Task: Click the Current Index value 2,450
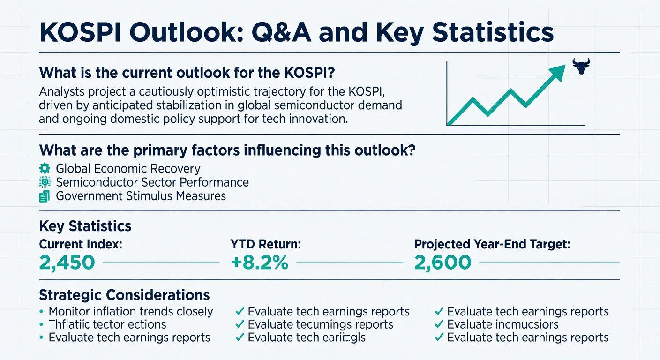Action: pos(67,262)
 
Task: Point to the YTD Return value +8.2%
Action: pos(259,262)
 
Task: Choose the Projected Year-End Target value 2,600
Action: pos(442,262)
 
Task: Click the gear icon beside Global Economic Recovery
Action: pos(45,168)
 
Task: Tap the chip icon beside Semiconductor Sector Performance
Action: pos(45,182)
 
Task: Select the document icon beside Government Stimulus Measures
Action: pos(45,196)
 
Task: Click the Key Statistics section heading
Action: pos(85,226)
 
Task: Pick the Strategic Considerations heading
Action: pos(124,295)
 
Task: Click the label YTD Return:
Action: pos(265,244)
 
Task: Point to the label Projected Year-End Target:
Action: pos(492,244)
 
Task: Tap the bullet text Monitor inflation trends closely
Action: pos(131,311)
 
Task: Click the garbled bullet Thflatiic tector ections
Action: pos(107,324)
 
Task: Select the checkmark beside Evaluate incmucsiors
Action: pos(439,324)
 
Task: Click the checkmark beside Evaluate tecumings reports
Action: pos(240,324)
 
